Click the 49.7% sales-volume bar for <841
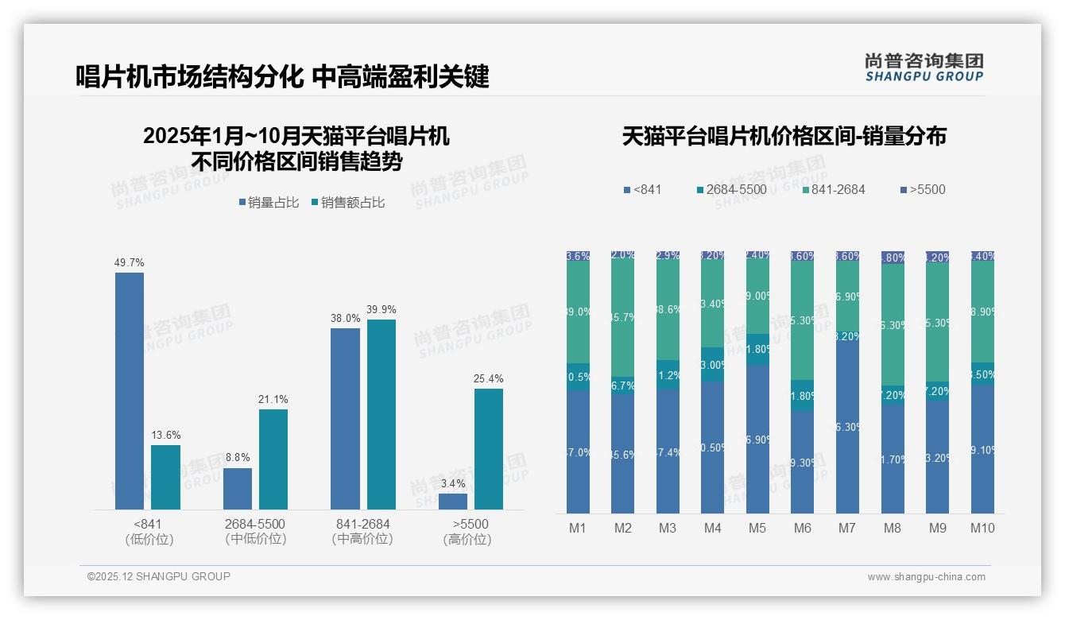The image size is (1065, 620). point(130,390)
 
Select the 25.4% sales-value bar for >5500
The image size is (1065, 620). point(489,448)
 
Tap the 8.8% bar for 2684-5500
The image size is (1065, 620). point(238,488)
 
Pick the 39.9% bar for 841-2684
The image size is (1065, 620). point(381,414)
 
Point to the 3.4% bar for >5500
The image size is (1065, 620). point(453,501)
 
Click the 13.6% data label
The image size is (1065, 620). point(166,435)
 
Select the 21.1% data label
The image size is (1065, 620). point(273,399)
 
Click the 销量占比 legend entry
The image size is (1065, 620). point(269,203)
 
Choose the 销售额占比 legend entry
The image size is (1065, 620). point(347,203)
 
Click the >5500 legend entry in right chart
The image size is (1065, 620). point(922,189)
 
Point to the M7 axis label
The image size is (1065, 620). point(846,528)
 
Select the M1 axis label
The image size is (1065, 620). point(578,528)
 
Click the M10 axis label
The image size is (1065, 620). point(982,528)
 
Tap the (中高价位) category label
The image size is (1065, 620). point(362,539)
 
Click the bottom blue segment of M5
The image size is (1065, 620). point(757,439)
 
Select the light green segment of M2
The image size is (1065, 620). point(622,318)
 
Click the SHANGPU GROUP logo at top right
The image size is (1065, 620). point(924,68)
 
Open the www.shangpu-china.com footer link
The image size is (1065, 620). point(926,577)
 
